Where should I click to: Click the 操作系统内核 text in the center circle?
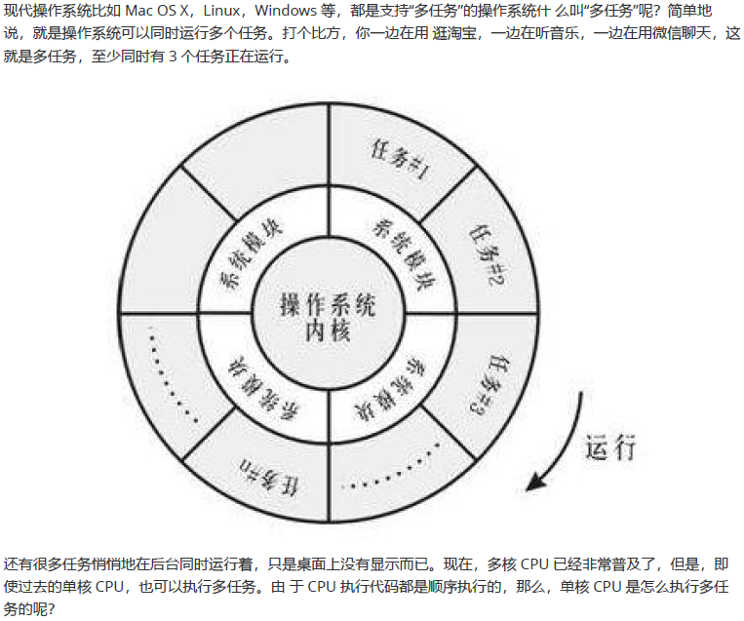click(328, 318)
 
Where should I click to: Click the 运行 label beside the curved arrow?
click(611, 447)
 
